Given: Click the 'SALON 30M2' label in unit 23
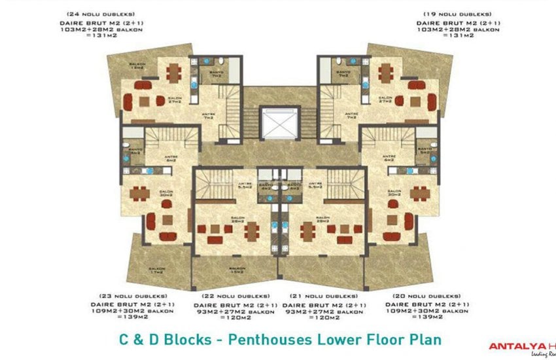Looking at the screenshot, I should click(x=165, y=194).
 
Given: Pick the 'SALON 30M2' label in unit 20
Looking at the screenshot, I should click(x=392, y=194).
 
